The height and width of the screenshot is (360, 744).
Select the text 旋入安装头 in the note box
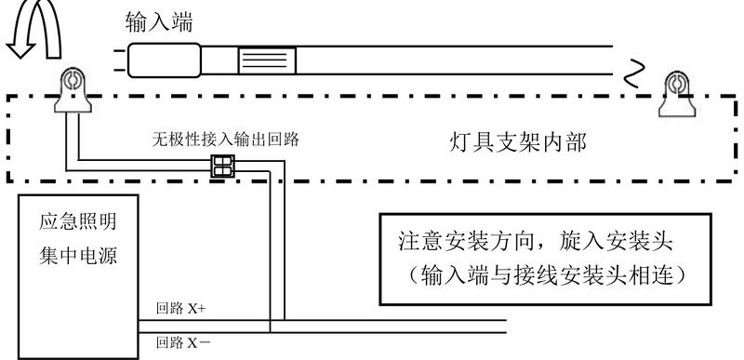[619, 242]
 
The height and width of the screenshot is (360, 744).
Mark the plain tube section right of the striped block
[446, 61]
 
